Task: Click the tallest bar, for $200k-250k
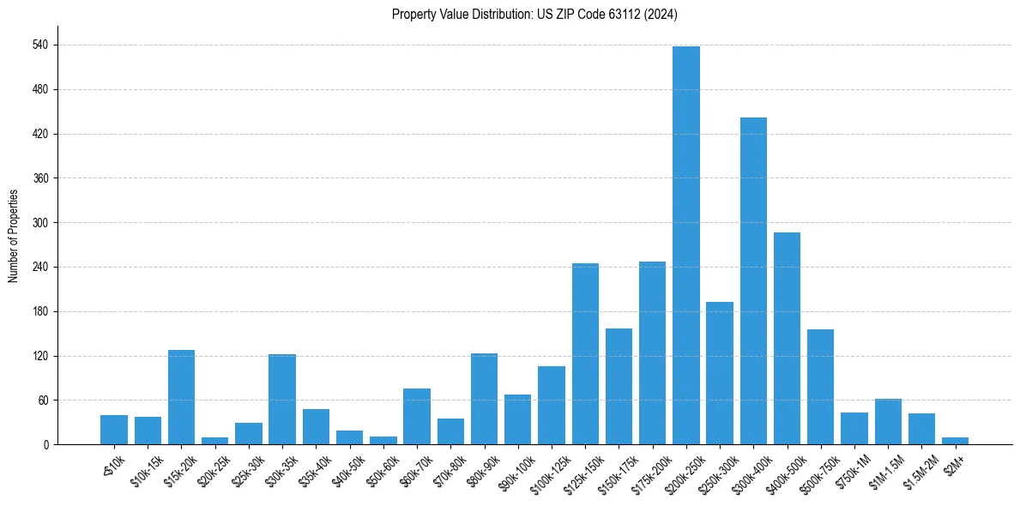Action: coord(686,245)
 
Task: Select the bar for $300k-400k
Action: coord(753,280)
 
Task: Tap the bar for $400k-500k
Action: coord(787,338)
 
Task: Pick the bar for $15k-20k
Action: coord(181,397)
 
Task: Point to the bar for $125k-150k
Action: coord(585,353)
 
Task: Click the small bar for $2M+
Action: coord(955,441)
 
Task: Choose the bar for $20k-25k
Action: coord(215,441)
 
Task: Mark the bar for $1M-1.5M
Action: coord(888,421)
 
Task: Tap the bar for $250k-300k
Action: coord(720,373)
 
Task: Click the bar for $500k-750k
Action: coord(820,387)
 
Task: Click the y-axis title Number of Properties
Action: coord(13,236)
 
